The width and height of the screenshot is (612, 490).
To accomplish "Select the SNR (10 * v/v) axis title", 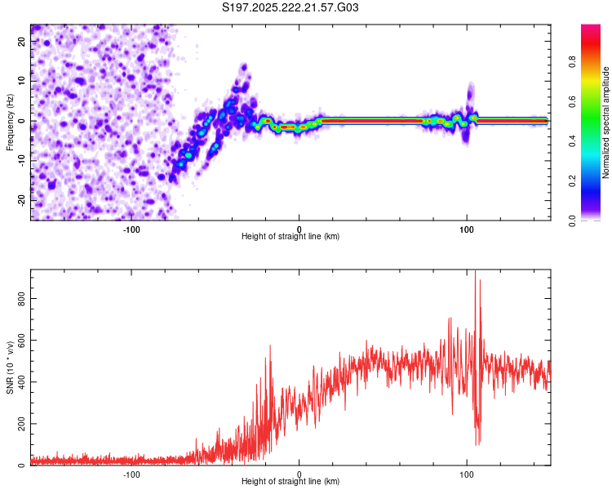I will (x=10, y=367).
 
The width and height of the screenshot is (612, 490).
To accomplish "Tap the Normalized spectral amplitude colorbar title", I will (x=605, y=122).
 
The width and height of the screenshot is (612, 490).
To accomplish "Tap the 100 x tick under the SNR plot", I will (x=467, y=474).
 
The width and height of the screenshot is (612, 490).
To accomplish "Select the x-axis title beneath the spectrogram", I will (x=290, y=237).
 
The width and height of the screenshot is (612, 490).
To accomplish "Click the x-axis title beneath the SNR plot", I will (x=290, y=483).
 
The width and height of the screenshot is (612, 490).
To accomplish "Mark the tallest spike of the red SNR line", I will (x=475, y=273).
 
